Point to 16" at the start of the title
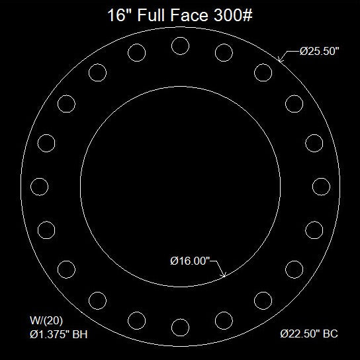120,16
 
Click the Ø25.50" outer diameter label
320,52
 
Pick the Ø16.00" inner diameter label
190,261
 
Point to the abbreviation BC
330,334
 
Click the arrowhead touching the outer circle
281,60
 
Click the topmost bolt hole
179,46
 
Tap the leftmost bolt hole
39,186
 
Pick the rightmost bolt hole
321,186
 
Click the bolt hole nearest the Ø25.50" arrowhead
263,72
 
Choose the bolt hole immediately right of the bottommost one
224,320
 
